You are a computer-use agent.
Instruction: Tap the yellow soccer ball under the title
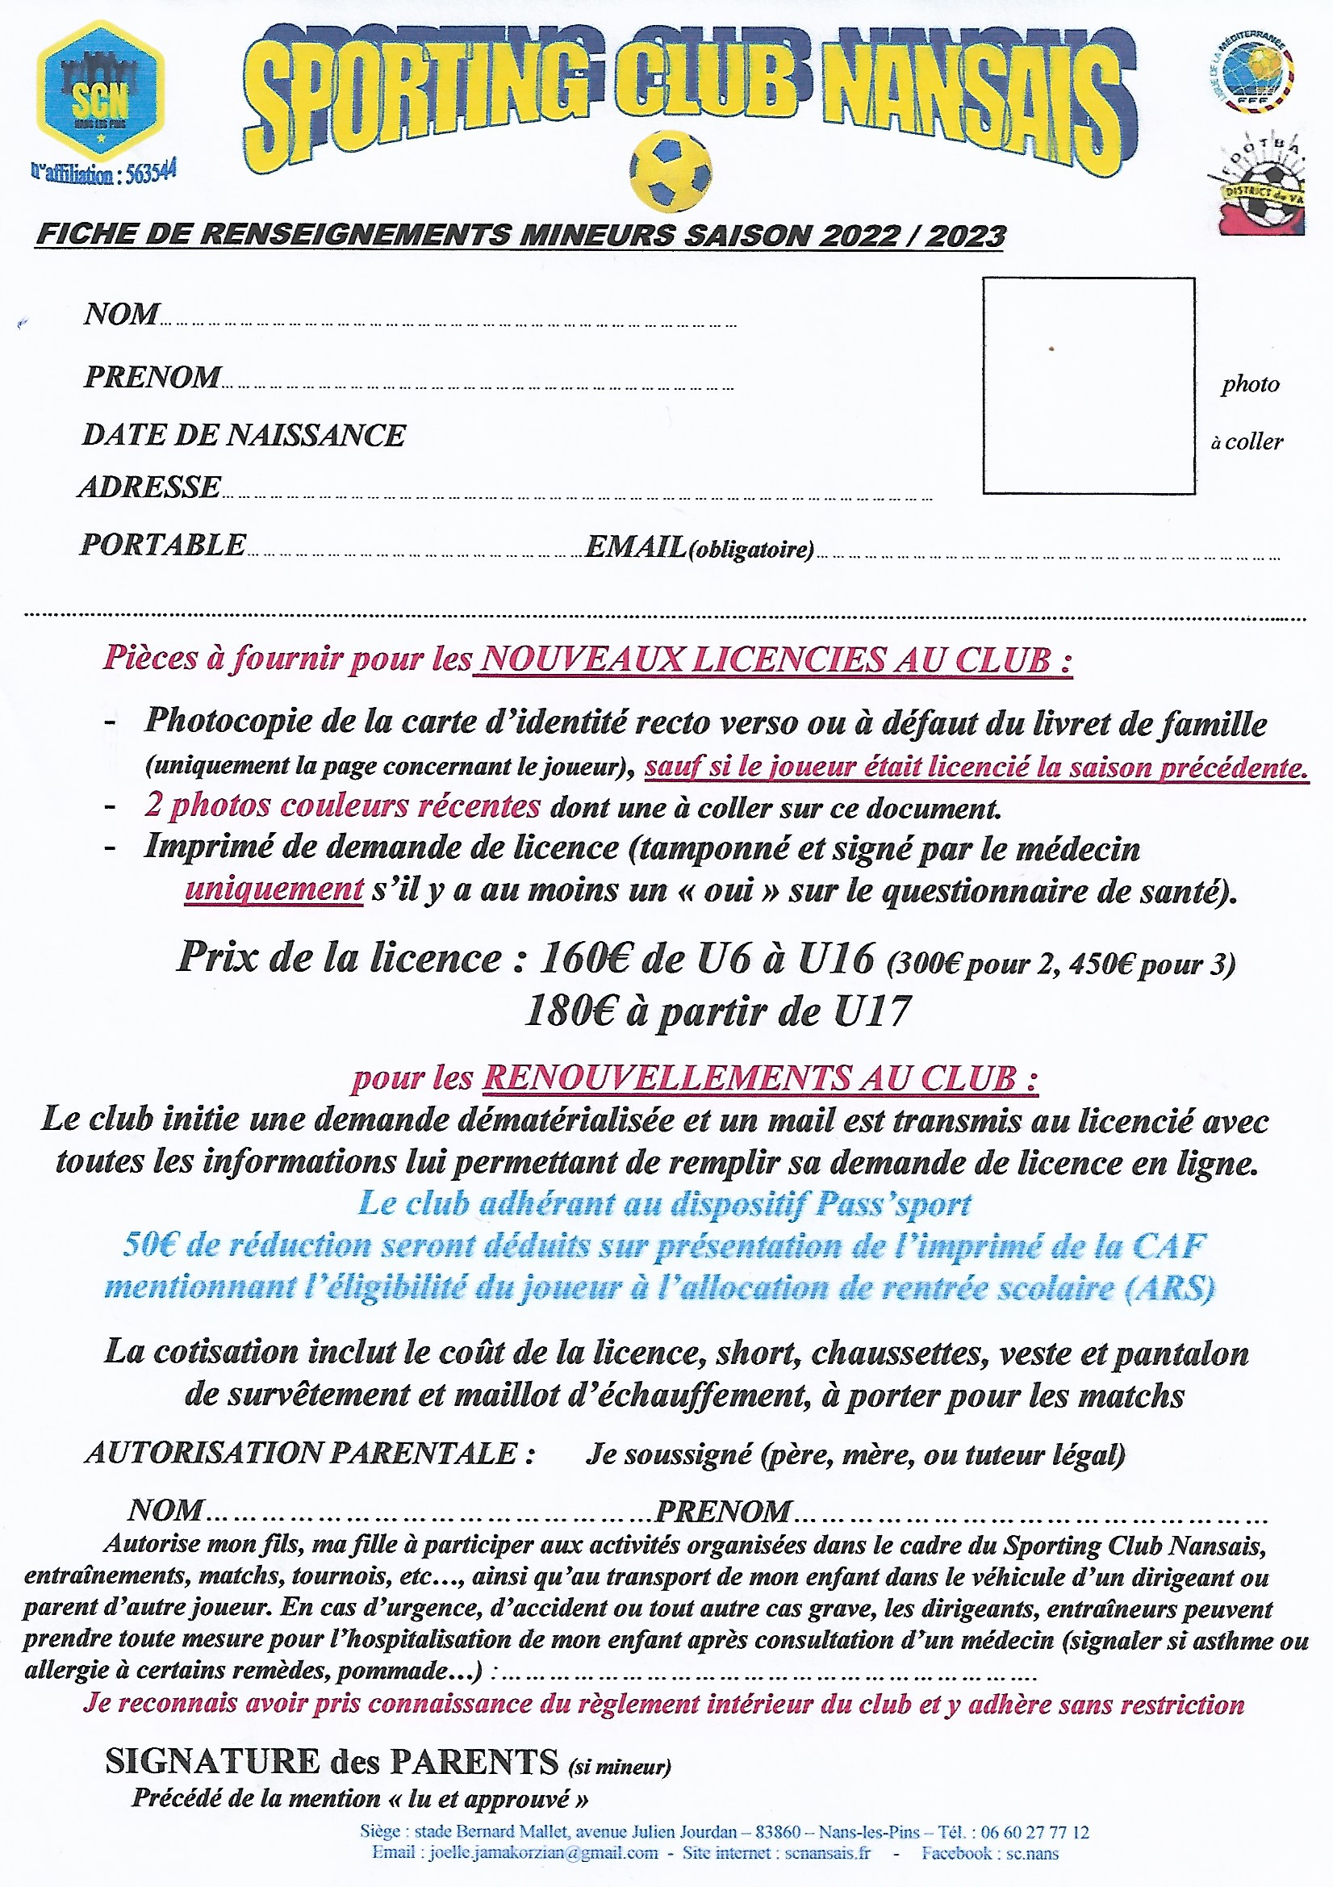point(670,171)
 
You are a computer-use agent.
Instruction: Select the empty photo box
point(1088,385)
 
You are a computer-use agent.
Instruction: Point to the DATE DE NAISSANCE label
point(244,435)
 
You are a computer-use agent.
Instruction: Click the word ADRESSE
point(150,487)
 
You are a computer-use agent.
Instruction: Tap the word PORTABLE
point(163,544)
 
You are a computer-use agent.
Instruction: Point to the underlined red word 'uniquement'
point(274,889)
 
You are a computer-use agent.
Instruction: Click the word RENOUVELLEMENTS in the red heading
point(666,1078)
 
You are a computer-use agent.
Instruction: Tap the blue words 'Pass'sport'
point(892,1204)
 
